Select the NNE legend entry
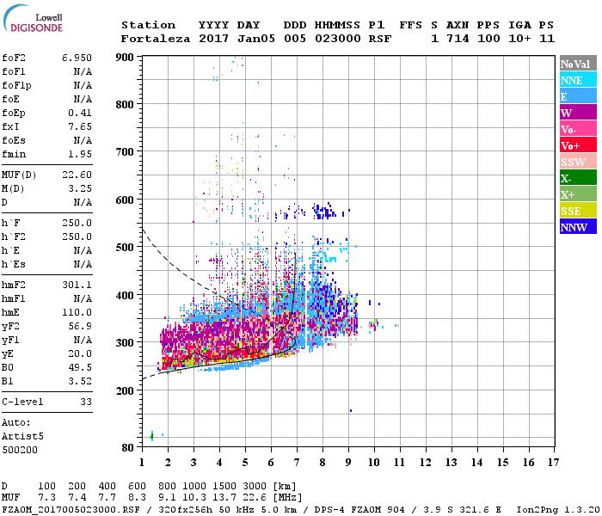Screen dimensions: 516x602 [x=578, y=80]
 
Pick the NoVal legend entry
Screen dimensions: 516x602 [x=578, y=64]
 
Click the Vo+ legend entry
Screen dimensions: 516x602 [x=578, y=145]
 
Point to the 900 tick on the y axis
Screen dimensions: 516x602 [x=125, y=58]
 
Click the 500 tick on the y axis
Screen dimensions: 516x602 [x=125, y=248]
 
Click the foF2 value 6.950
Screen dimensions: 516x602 [x=77, y=57]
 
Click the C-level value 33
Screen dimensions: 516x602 [x=85, y=402]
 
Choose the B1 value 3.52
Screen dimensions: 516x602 [x=79, y=379]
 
